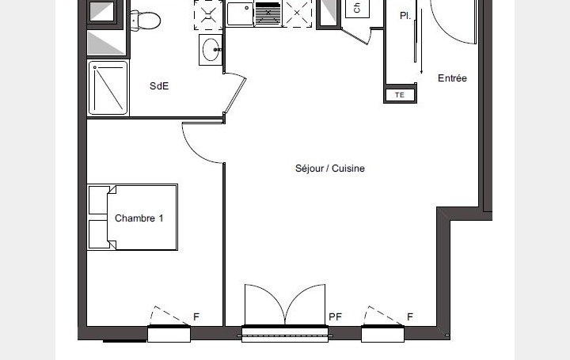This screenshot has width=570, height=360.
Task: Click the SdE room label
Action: click(x=159, y=86)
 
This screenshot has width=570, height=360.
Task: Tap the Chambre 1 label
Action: click(x=139, y=218)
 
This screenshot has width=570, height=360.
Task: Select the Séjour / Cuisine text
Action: click(x=329, y=169)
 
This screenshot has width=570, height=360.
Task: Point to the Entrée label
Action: click(x=452, y=78)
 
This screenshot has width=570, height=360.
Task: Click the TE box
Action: click(x=399, y=95)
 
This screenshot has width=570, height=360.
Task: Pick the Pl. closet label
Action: click(x=405, y=15)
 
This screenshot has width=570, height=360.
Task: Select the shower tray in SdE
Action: click(x=108, y=88)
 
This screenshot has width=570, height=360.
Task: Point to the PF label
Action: click(x=335, y=317)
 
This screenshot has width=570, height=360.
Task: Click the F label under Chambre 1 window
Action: click(x=196, y=317)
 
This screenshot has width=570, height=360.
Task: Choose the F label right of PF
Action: click(x=409, y=317)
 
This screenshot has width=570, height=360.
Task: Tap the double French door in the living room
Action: click(x=284, y=306)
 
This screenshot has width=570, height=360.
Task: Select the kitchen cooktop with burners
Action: click(x=210, y=13)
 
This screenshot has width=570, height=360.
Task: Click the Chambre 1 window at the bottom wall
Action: click(x=169, y=333)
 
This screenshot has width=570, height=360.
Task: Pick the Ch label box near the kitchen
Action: click(x=357, y=9)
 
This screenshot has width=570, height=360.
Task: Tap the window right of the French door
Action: click(x=383, y=333)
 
